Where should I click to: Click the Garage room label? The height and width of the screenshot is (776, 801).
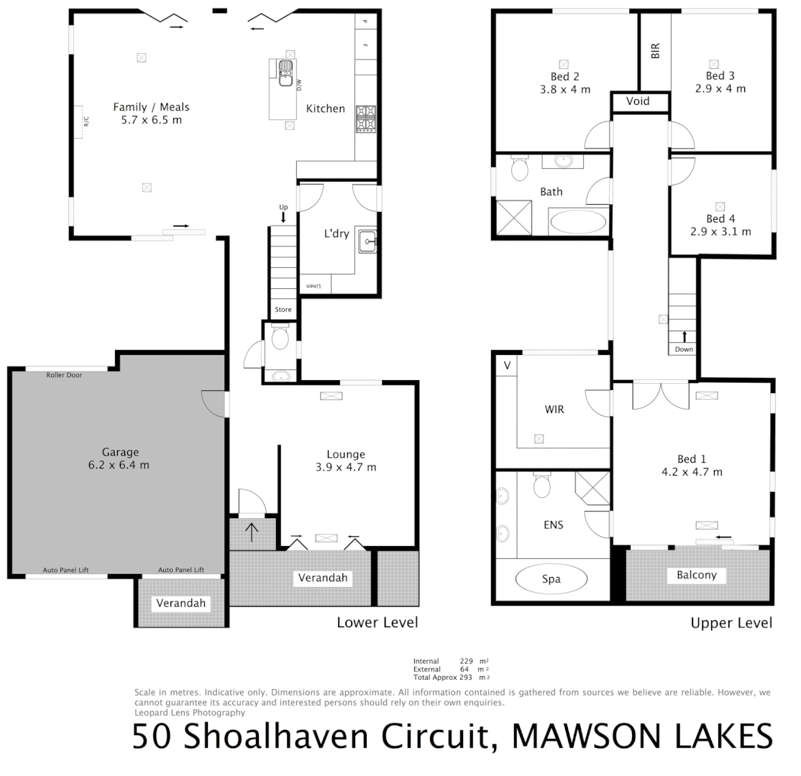point(120,452)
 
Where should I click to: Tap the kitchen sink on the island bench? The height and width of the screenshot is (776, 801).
point(285,73)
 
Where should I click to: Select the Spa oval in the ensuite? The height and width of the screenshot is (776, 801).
point(551,579)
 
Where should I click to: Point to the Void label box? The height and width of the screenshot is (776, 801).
point(638,101)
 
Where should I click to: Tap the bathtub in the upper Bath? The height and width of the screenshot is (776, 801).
point(577,221)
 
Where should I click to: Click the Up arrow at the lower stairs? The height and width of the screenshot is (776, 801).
point(283,216)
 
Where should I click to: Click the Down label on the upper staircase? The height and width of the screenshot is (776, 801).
point(684,349)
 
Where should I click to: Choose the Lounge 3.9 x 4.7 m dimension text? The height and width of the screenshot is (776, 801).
point(346,467)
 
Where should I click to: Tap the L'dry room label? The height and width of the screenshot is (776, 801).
point(337,233)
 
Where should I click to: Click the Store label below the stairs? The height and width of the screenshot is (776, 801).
point(283,310)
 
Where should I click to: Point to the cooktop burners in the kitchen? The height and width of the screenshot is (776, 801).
point(365,119)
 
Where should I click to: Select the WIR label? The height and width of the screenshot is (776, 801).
point(554,410)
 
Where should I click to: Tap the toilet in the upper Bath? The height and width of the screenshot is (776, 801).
point(518,170)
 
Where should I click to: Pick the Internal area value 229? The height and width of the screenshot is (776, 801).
point(468,661)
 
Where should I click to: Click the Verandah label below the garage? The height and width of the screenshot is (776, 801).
point(181,603)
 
